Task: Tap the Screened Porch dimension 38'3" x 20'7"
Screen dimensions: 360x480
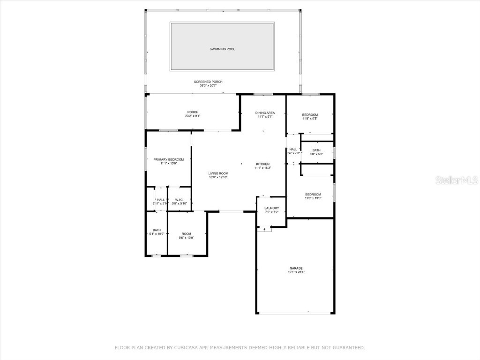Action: (208, 86)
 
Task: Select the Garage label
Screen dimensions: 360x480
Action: (296, 268)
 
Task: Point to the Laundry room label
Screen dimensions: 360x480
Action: (271, 208)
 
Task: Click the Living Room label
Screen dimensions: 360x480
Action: (218, 173)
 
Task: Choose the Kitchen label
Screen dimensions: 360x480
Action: (262, 164)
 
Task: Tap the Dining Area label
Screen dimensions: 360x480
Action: (265, 113)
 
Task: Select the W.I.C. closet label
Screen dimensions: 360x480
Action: (179, 200)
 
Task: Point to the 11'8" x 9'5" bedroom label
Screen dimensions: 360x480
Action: (310, 115)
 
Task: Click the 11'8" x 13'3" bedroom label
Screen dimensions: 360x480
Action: (313, 195)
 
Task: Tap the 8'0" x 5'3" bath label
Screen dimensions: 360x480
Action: (317, 150)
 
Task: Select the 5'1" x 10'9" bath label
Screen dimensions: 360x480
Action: (157, 230)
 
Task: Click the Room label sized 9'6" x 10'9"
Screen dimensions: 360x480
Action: (187, 234)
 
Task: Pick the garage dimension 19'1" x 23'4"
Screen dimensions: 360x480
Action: (296, 272)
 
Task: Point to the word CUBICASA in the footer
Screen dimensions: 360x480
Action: (176, 348)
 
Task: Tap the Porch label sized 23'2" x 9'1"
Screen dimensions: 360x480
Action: (193, 112)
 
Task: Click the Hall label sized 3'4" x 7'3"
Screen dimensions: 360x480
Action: (293, 150)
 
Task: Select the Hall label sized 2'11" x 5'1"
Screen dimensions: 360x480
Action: (161, 200)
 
